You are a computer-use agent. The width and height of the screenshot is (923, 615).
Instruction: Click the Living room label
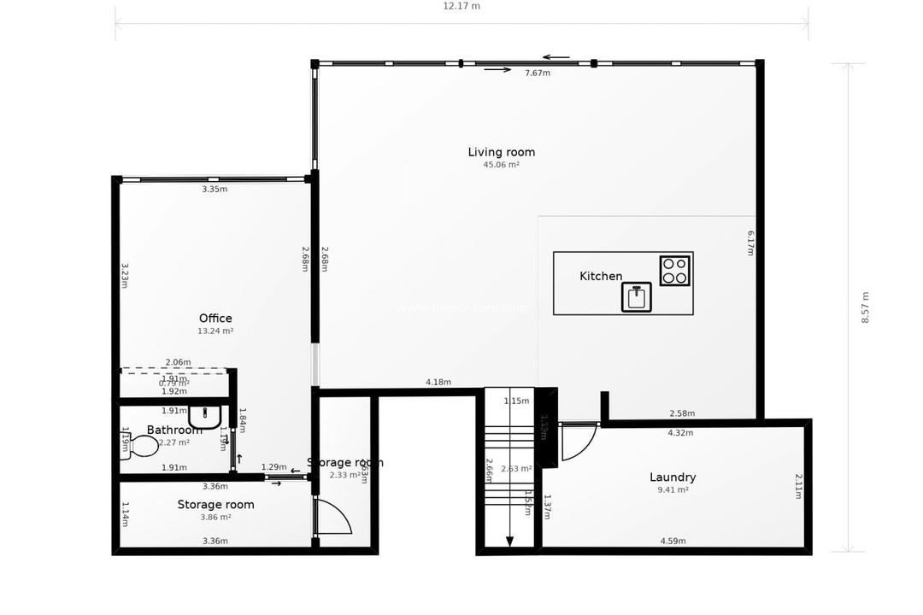(501, 152)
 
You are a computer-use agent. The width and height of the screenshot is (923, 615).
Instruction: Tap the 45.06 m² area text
(501, 165)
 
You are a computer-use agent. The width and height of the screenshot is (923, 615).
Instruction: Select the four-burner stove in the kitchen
(674, 271)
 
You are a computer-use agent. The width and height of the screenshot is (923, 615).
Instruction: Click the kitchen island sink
(636, 297)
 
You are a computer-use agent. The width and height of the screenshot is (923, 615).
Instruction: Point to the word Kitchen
(601, 276)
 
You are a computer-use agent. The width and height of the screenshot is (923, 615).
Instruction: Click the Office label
(215, 319)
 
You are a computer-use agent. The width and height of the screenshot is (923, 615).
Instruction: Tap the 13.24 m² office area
(215, 331)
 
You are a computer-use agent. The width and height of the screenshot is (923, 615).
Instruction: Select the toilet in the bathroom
(141, 446)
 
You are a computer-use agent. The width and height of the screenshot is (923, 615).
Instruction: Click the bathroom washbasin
(205, 417)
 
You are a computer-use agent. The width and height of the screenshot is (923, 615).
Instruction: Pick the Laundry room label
(673, 477)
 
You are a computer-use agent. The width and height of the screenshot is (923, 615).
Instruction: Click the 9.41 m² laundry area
(673, 490)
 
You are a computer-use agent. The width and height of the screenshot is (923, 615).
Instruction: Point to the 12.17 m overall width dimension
(461, 6)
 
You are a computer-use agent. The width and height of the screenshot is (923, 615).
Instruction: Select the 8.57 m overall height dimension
(866, 307)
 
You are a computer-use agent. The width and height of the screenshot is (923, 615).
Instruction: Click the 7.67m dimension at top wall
(537, 73)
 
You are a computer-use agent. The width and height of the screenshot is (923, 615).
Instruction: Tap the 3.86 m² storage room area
(215, 517)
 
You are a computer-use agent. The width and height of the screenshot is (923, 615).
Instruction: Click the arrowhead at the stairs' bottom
(509, 541)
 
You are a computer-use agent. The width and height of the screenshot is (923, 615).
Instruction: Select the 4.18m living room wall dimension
(438, 382)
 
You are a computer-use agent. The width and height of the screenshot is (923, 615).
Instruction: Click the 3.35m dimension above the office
(215, 189)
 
